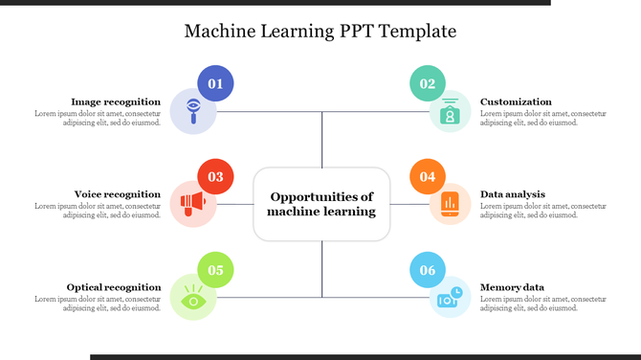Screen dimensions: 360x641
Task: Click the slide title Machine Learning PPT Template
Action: point(320,32)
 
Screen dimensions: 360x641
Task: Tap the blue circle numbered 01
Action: point(215,84)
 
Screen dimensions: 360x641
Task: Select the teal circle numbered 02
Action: point(428,84)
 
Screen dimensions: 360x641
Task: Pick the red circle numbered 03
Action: point(215,177)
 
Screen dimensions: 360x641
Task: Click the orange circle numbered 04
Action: point(428,177)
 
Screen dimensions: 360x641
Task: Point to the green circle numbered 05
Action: point(215,270)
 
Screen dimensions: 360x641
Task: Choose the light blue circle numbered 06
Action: point(428,270)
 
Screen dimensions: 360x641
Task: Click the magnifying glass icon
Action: point(193,111)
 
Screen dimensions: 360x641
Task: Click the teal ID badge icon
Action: point(449,112)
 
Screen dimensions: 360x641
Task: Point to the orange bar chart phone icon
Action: point(449,204)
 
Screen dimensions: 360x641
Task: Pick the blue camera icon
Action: point(449,298)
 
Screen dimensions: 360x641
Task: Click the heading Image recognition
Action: point(116,101)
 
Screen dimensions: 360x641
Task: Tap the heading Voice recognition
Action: point(118,194)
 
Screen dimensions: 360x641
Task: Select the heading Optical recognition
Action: point(114,287)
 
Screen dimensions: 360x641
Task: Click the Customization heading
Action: point(516,101)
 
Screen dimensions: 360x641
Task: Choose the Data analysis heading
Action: point(513,194)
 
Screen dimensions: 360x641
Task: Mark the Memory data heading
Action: point(512,287)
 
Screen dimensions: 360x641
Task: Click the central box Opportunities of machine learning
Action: point(321,204)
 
